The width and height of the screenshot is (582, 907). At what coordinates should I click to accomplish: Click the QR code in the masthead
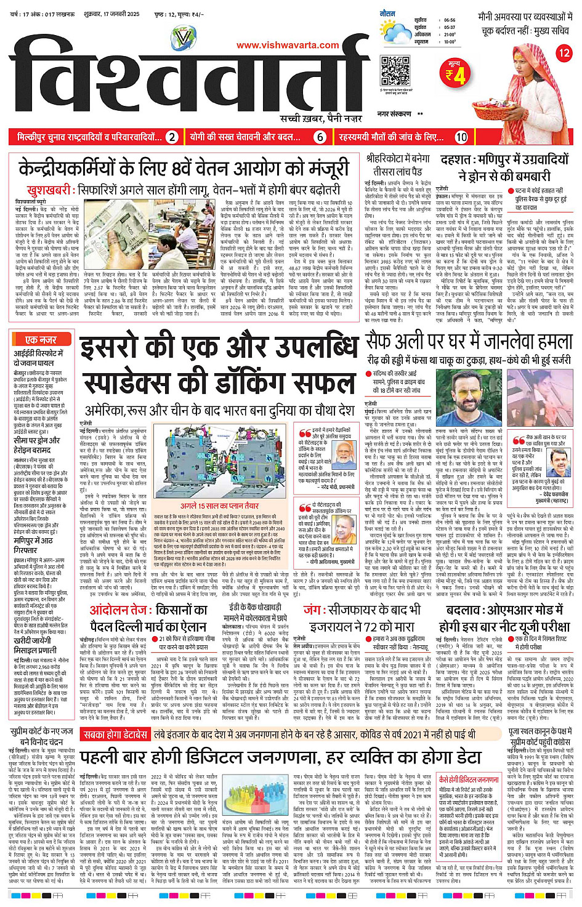click(395, 71)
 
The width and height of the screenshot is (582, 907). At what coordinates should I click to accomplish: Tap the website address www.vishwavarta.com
click(288, 45)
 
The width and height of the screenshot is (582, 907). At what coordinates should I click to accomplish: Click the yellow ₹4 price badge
click(455, 75)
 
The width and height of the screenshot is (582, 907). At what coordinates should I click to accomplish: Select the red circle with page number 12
click(564, 53)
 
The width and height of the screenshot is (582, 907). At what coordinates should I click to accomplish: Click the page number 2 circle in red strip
click(172, 137)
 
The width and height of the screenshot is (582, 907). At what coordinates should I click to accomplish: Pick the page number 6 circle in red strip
click(320, 137)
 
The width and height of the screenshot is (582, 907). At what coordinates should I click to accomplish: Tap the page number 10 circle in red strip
click(461, 137)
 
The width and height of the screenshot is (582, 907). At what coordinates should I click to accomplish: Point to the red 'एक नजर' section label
click(41, 339)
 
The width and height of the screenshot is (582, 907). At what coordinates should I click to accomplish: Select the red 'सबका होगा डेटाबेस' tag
click(115, 735)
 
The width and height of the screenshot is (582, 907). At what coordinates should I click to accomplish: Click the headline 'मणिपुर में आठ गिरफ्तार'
click(34, 546)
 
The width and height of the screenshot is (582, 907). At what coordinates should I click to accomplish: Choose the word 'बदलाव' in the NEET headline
click(466, 610)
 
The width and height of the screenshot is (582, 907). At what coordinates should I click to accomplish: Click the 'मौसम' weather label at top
click(387, 13)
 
